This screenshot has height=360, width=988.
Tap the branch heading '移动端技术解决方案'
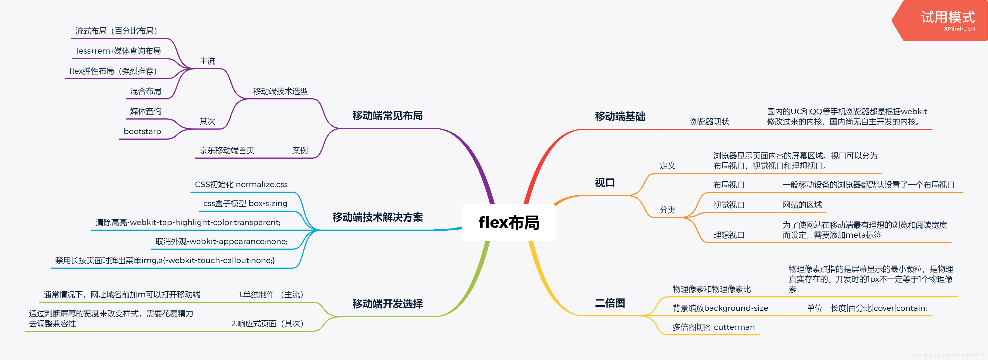pos(377,217)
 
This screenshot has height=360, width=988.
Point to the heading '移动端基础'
pos(620,116)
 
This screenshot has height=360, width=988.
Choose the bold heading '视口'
pos(605,183)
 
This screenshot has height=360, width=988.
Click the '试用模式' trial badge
pos(947,20)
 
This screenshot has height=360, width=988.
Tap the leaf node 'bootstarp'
pos(142,132)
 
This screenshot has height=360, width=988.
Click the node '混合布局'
pos(146,91)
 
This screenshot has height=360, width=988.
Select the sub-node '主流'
pos(207,61)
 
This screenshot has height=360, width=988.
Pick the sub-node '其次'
pos(207,121)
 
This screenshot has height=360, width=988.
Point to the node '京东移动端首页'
pos(227,150)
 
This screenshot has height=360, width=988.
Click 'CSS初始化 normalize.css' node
pos(241,184)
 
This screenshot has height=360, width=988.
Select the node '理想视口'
pos(729,235)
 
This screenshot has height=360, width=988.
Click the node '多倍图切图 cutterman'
pos(713,327)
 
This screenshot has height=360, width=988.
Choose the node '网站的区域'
pos(802,205)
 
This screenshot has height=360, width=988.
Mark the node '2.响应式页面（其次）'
pos(267,324)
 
